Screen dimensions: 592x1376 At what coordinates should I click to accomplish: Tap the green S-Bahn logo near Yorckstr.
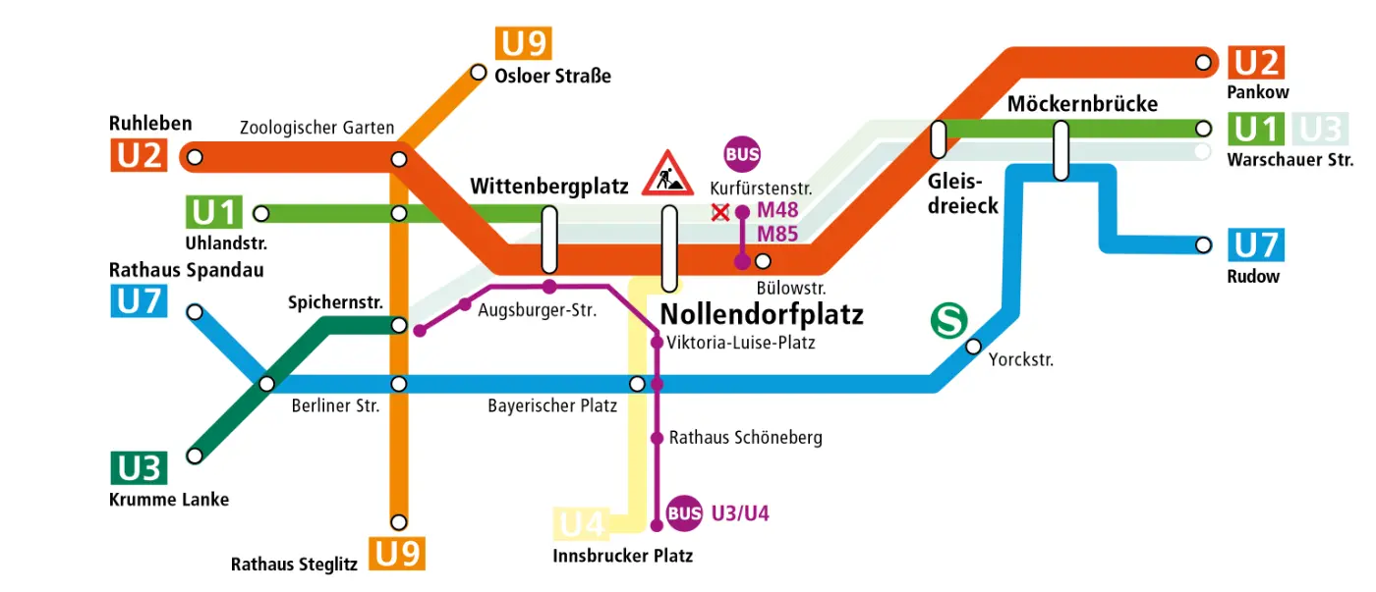[948, 320]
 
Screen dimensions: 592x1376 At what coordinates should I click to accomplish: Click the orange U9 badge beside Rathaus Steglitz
[398, 554]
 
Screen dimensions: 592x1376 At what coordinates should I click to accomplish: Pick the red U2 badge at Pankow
[1256, 62]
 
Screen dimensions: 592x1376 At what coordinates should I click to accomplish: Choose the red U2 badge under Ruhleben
[139, 155]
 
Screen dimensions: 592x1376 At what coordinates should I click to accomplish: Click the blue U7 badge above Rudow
[1256, 244]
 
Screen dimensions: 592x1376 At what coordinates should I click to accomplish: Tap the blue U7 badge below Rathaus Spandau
[139, 300]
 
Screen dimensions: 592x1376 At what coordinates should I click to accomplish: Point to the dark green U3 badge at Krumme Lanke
[139, 468]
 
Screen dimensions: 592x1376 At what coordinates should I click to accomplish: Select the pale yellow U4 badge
[583, 524]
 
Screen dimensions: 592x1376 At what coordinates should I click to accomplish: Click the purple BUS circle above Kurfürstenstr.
[742, 154]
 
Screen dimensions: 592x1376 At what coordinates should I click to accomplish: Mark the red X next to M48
[720, 211]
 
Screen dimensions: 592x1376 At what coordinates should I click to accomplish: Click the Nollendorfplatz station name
[762, 314]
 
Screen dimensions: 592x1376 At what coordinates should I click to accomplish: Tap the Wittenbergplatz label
[548, 187]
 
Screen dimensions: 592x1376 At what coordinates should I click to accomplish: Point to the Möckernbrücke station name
[1082, 104]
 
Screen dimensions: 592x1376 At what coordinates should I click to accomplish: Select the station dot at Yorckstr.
[973, 346]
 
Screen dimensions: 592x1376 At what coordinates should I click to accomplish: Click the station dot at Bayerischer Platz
[637, 383]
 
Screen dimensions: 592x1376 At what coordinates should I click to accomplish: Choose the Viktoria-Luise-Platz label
[740, 343]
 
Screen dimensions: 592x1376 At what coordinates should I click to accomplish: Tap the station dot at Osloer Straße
[479, 72]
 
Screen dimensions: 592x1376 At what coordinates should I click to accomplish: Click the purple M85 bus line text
[777, 234]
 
